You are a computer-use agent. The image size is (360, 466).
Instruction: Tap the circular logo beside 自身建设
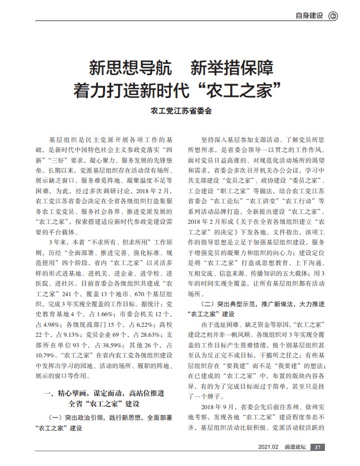point(333,16)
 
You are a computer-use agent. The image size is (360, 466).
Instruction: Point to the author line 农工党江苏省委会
point(180,111)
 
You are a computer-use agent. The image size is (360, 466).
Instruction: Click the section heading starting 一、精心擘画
point(103,394)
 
